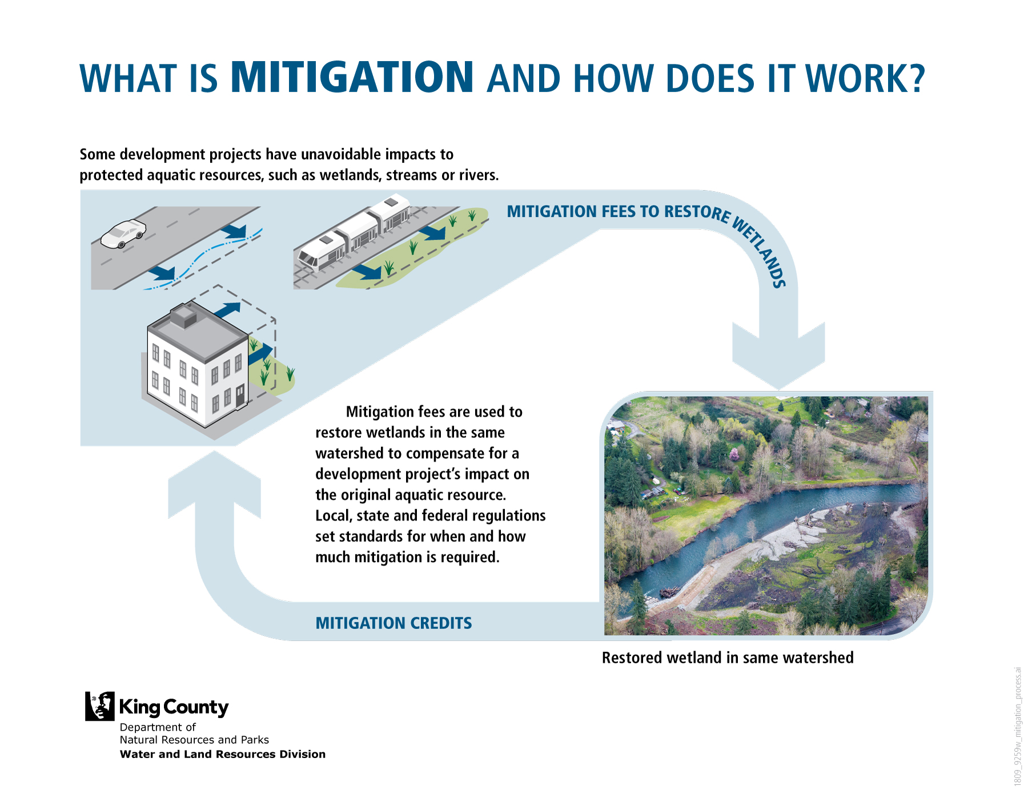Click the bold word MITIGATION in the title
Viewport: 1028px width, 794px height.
(352, 76)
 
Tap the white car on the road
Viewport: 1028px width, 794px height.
(123, 233)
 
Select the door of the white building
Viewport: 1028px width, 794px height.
(240, 395)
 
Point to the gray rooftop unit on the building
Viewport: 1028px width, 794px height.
(184, 316)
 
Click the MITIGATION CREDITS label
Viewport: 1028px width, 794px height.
(393, 623)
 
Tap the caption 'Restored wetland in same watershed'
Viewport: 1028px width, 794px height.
(728, 658)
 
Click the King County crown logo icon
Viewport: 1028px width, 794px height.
(100, 706)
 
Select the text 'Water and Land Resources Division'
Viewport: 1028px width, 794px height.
(223, 754)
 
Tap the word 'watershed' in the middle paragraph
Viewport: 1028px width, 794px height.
(350, 453)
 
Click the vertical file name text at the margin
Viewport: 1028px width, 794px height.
(1017, 726)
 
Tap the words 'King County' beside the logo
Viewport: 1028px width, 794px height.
(174, 707)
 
